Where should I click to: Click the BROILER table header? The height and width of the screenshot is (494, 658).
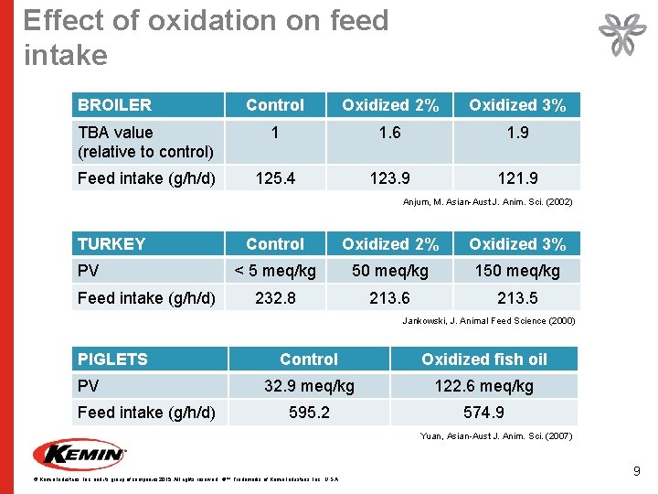coord(115,105)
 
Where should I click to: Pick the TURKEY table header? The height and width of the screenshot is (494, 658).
coord(111,244)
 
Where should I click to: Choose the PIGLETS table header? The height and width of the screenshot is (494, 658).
coord(112,360)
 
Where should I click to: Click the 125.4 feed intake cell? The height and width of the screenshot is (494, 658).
coord(275,178)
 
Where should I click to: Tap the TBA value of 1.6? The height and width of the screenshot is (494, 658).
coord(389,134)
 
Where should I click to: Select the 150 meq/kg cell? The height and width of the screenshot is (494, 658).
coord(516,271)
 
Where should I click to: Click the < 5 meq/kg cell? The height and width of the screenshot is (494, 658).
coord(275,271)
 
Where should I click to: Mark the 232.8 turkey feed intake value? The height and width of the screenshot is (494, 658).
coord(275,297)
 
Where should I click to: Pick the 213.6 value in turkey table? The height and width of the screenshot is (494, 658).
coord(389,297)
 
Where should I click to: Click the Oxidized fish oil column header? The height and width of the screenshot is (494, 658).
coord(484,360)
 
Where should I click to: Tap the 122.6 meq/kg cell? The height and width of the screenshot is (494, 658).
coord(484,386)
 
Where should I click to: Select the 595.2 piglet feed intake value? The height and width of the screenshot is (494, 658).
coord(309,413)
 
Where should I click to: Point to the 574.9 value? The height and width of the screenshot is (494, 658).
coord(484,413)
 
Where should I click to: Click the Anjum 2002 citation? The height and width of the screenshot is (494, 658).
coord(488,202)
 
